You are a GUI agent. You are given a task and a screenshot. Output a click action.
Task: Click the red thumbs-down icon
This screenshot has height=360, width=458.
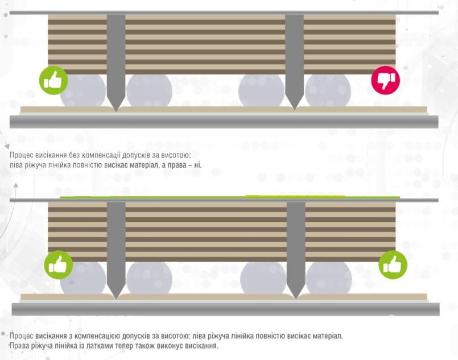coord(385,80)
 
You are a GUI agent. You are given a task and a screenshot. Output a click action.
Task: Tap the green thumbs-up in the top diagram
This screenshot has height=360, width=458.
coord(53,80)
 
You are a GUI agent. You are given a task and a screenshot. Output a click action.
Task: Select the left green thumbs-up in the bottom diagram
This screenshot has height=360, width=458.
coord(59,265)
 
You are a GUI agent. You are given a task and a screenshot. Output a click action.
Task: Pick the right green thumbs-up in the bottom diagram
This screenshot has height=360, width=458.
coord(393,265)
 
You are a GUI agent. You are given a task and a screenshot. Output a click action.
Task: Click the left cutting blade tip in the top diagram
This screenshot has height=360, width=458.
coord(116,111)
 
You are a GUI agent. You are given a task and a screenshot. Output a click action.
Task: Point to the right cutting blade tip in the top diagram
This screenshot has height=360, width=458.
coord(295,109)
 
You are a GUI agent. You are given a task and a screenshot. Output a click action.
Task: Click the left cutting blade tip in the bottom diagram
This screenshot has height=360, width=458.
coord(116,299)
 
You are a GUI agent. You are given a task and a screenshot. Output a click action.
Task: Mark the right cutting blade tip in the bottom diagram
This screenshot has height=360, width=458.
coord(296,299)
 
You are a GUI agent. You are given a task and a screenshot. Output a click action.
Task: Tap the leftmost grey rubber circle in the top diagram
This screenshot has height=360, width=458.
coord(83,90)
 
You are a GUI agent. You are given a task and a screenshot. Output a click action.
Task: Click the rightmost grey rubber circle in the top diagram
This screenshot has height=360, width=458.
coord(328,90)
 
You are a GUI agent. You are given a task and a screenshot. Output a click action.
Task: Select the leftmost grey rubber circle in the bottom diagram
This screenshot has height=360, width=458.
coord(83,278)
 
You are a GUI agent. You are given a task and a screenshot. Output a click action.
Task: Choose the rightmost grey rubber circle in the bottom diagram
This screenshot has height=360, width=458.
coord(329,278)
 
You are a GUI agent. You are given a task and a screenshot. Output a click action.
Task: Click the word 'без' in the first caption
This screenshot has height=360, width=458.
coord(74,155)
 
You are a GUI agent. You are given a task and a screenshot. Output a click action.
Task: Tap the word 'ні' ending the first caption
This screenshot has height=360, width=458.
coord(198,165)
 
